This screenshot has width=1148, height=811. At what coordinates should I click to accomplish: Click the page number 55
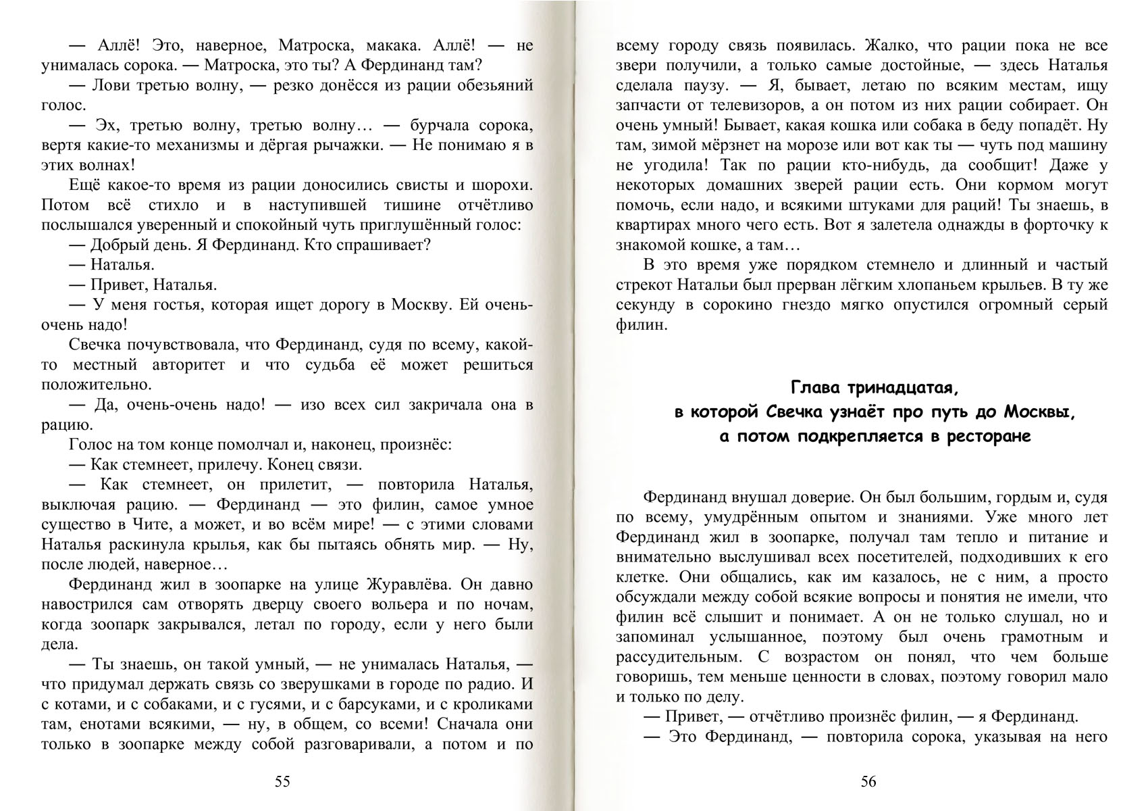[x=282, y=782]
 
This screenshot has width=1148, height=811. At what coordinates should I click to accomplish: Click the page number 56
[x=868, y=782]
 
